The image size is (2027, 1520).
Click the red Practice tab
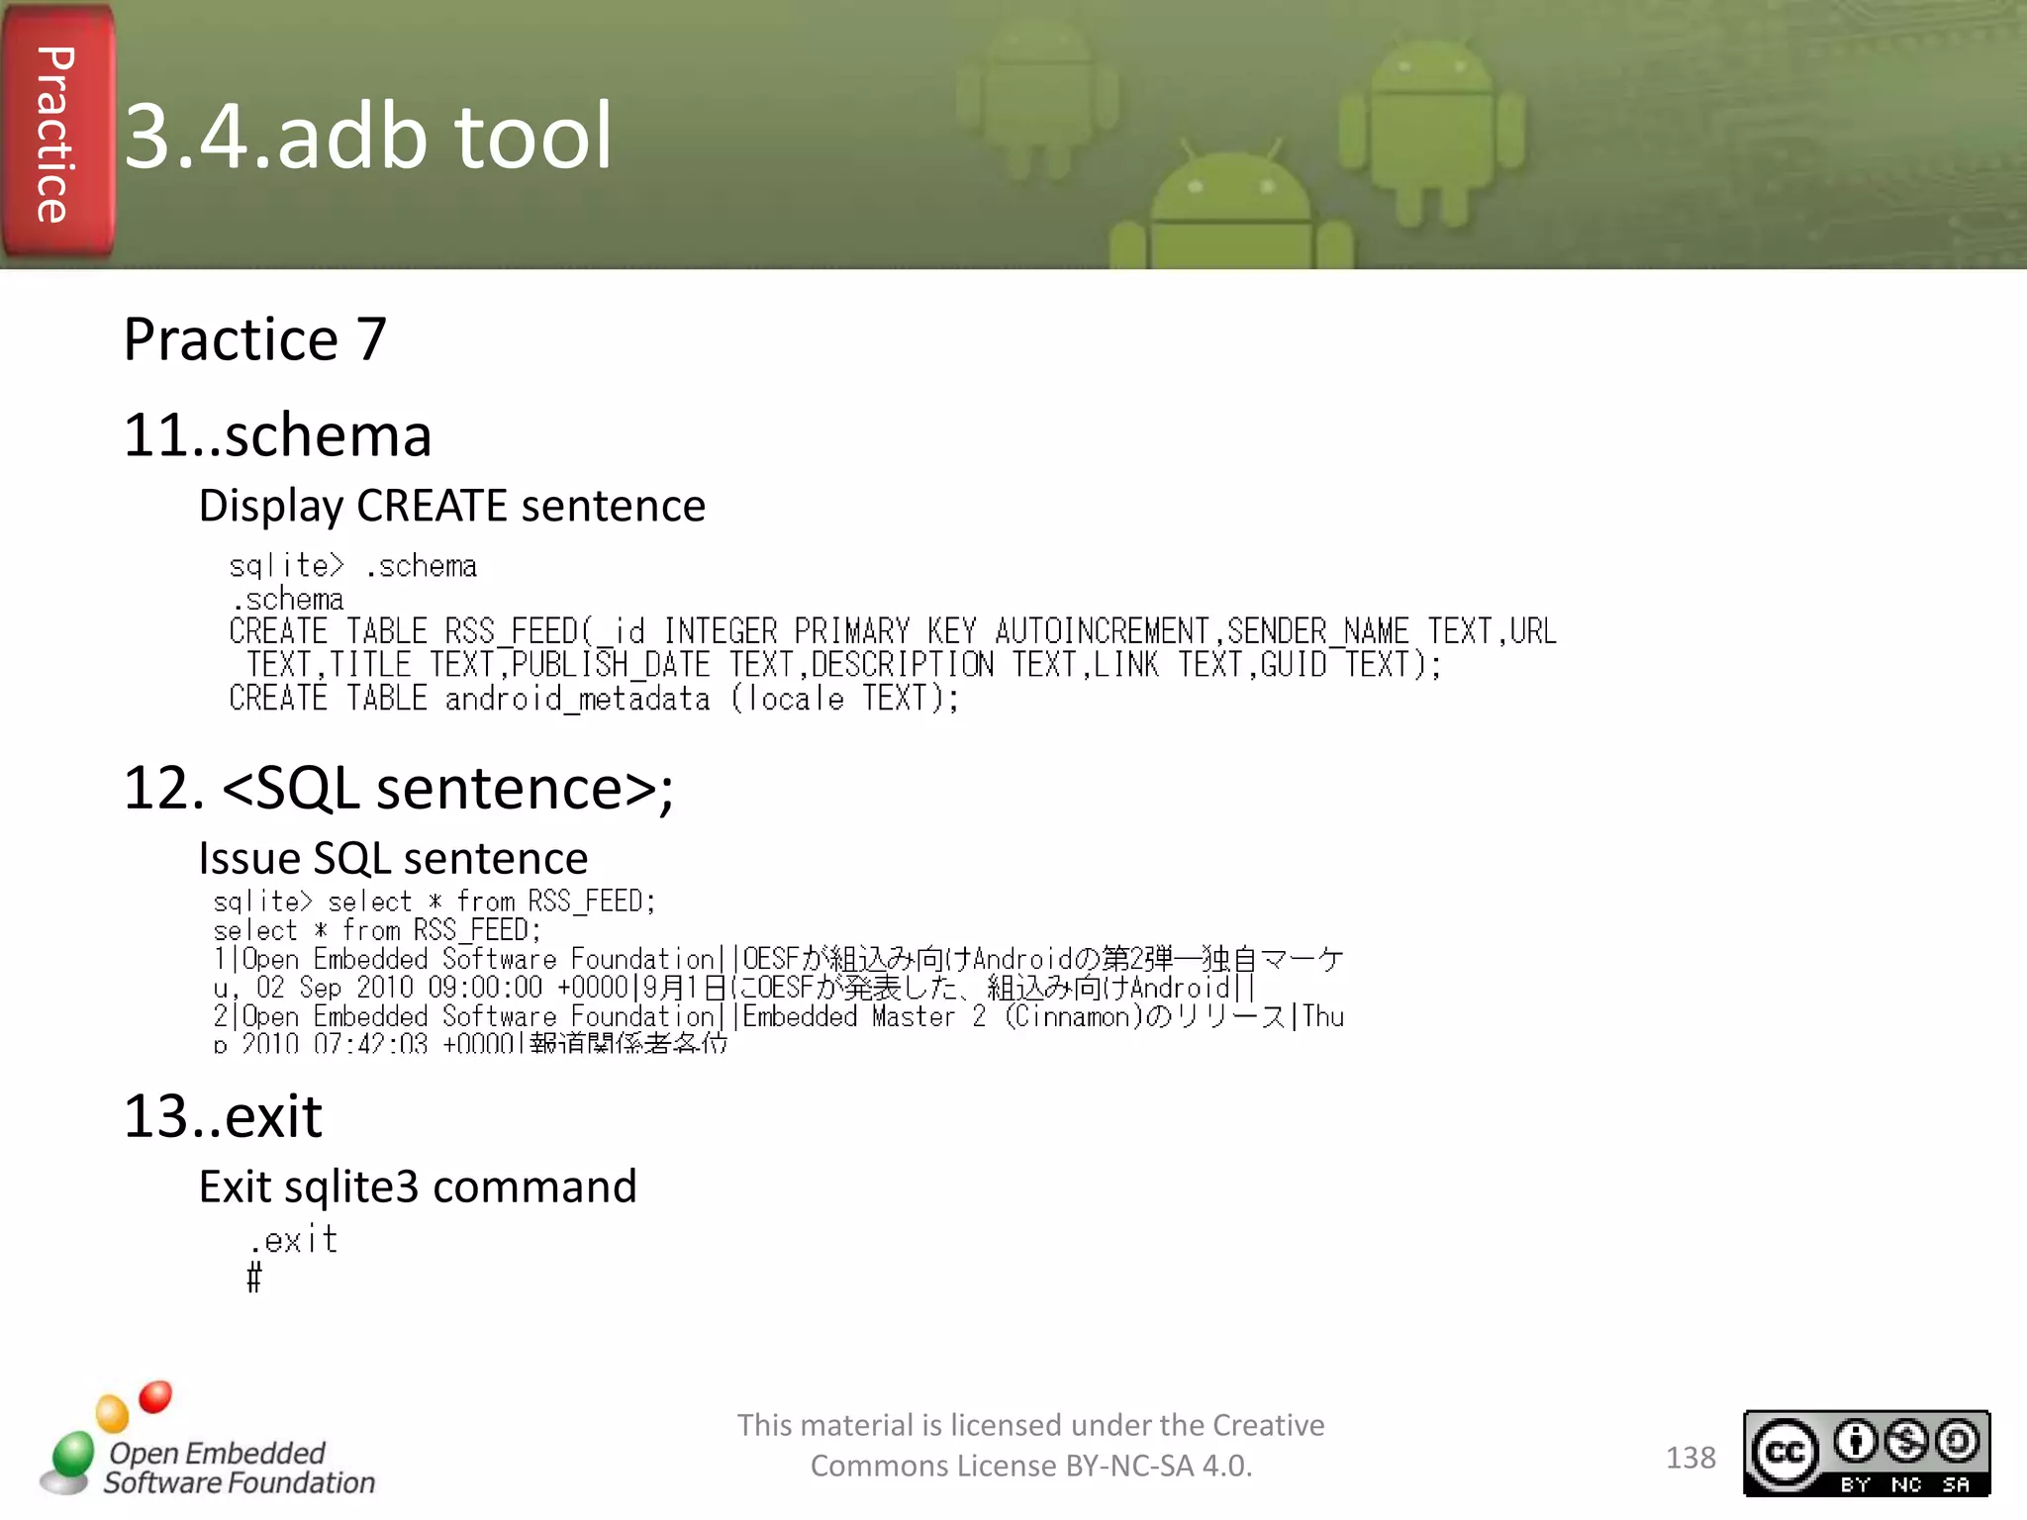(x=57, y=134)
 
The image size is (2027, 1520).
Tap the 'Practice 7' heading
(x=254, y=339)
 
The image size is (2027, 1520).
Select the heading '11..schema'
(x=277, y=435)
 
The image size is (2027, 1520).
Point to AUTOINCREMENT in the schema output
(x=1102, y=631)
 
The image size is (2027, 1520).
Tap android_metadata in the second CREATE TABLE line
(x=577, y=699)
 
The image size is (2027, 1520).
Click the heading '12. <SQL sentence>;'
(x=398, y=789)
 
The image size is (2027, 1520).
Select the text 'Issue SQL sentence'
(x=393, y=858)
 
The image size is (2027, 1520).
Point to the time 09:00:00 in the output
(x=485, y=988)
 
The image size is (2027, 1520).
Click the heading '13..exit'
(x=223, y=1117)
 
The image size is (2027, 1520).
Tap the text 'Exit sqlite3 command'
(x=418, y=1187)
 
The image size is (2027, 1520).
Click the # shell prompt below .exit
(x=254, y=1278)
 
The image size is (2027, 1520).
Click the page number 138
(x=1690, y=1458)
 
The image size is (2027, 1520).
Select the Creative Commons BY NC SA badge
(x=1866, y=1453)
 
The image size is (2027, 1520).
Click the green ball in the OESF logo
(x=72, y=1455)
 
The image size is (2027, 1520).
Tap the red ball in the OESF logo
(x=155, y=1396)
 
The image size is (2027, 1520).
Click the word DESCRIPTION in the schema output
(x=902, y=665)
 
